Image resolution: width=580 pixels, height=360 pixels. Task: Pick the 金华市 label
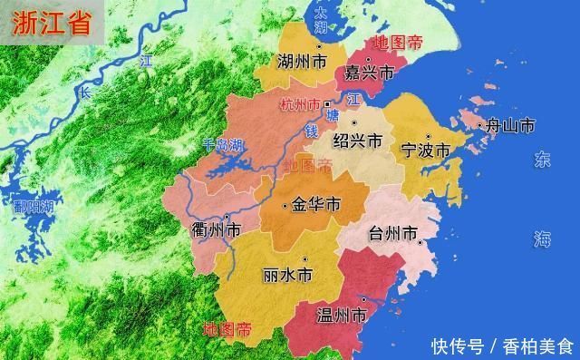[316, 206]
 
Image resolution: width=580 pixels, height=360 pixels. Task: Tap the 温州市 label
[340, 316]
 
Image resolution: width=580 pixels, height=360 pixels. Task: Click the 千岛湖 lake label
[223, 144]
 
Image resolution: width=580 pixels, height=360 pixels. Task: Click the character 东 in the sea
[542, 161]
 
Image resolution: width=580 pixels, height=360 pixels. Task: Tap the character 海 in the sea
[542, 239]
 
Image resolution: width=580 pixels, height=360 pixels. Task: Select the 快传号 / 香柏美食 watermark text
[502, 345]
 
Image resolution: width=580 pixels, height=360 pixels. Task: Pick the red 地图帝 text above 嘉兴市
[398, 43]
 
